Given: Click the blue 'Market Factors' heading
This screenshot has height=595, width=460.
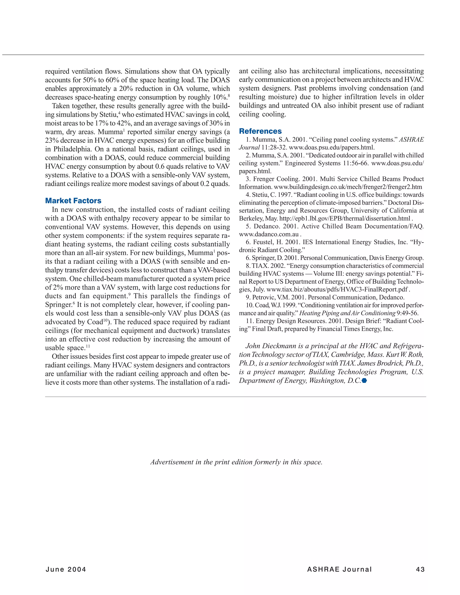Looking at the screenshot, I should pyautogui.click(x=73, y=201).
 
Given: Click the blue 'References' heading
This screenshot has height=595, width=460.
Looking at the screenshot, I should pyautogui.click(x=260, y=131).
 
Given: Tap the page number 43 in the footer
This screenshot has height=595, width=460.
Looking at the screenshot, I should pyautogui.click(x=420, y=569).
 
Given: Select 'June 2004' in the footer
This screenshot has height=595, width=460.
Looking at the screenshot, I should pyautogui.click(x=66, y=569).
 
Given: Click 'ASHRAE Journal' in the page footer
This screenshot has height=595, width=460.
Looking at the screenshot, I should pyautogui.click(x=339, y=569).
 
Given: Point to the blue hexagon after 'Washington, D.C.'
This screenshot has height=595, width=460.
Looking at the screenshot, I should pyautogui.click(x=364, y=381).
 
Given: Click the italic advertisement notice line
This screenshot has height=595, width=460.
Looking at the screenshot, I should pyautogui.click(x=236, y=462).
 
